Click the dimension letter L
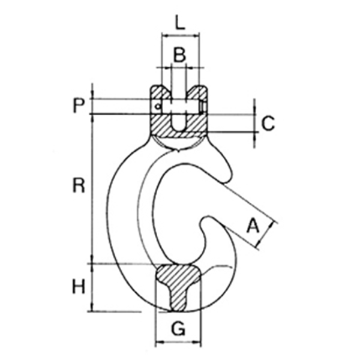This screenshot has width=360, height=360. click(180, 23)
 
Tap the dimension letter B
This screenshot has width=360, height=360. click(179, 55)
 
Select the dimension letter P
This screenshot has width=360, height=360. click(79, 106)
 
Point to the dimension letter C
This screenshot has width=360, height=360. click(268, 123)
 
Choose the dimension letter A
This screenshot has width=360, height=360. click(253, 226)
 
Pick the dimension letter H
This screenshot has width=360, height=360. click(79, 286)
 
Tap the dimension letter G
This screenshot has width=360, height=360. click(178, 328)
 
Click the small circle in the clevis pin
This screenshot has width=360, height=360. click(157, 107)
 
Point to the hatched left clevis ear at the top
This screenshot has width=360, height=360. click(160, 92)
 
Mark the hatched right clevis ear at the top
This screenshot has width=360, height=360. click(197, 92)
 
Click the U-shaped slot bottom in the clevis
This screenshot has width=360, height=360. click(179, 129)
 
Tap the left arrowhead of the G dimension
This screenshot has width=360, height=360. click(160, 343)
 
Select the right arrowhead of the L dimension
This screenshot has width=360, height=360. click(196, 35)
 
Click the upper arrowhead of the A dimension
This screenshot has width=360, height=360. click(272, 224)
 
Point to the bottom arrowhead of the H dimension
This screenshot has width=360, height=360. click(92, 308)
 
